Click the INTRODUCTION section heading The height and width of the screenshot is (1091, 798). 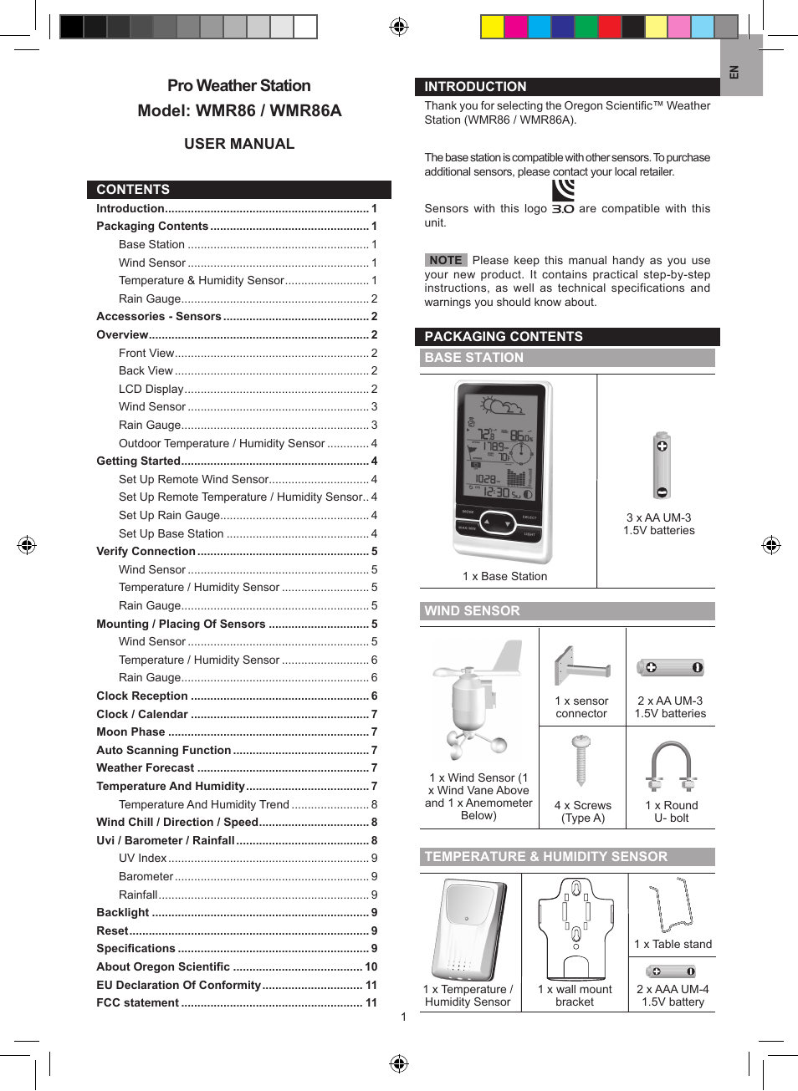[x=475, y=86]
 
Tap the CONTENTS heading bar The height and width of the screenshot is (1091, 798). [x=133, y=190]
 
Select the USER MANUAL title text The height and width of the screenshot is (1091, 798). [x=239, y=144]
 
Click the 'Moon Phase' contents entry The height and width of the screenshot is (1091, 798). [x=130, y=732]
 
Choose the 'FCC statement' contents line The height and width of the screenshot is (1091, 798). [x=138, y=1002]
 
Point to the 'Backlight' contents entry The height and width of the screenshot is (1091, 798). [x=123, y=912]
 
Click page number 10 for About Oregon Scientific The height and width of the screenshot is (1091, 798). [x=371, y=966]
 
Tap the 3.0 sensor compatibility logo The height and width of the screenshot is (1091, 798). [x=563, y=197]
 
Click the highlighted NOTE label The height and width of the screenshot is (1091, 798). [x=446, y=260]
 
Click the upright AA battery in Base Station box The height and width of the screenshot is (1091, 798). [x=662, y=466]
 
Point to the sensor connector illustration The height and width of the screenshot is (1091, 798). [x=581, y=666]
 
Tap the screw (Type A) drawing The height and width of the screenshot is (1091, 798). [x=581, y=761]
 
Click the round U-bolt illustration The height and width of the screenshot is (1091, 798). [x=671, y=767]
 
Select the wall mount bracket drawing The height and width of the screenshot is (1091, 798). [x=575, y=926]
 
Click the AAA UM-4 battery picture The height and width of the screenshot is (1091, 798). [x=672, y=971]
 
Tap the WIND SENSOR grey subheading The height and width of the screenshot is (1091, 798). [x=472, y=611]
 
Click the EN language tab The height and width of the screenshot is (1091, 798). [x=735, y=72]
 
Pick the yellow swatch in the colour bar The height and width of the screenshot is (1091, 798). [x=492, y=27]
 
